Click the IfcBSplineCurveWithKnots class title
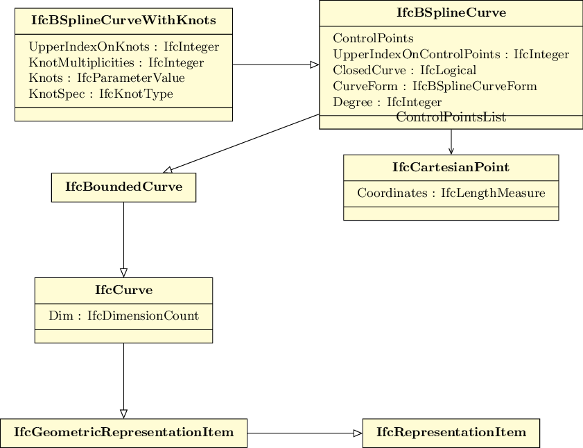pos(123,20)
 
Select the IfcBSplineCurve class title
pos(451,12)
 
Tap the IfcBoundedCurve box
pos(123,187)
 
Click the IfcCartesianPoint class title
pos(451,167)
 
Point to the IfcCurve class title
pos(123,290)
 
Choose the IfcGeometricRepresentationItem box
pos(123,433)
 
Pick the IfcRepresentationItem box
pos(451,433)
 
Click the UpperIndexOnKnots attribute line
pos(124,47)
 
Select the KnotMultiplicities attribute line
pos(116,62)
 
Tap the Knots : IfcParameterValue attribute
pos(107,78)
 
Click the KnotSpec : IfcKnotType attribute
pos(101,94)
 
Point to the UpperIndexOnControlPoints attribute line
pos(451,54)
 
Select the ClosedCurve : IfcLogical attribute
pos(405,70)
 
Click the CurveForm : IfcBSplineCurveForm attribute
pos(435,86)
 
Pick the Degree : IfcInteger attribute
pos(387,101)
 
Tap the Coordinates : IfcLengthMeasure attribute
pos(451,193)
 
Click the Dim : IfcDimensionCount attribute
pos(123,316)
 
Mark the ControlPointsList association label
pos(451,117)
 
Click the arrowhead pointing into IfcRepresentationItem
pos(358,433)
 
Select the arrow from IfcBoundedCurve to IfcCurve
pos(124,240)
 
